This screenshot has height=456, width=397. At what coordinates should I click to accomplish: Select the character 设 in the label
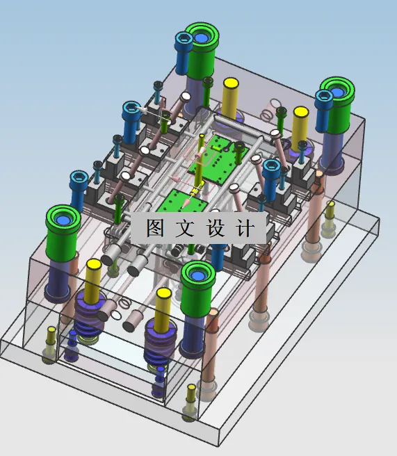[x=216, y=228]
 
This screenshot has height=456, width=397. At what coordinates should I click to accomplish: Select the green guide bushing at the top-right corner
[x=337, y=104]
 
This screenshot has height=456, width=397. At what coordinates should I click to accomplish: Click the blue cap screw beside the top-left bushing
[x=184, y=52]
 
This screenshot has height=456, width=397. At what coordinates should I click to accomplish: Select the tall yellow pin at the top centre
[x=230, y=97]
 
